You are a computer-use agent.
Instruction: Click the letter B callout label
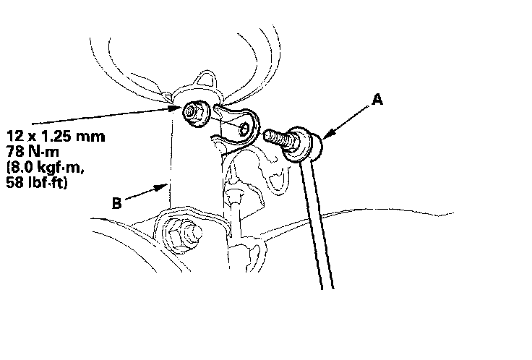coord(116,205)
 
